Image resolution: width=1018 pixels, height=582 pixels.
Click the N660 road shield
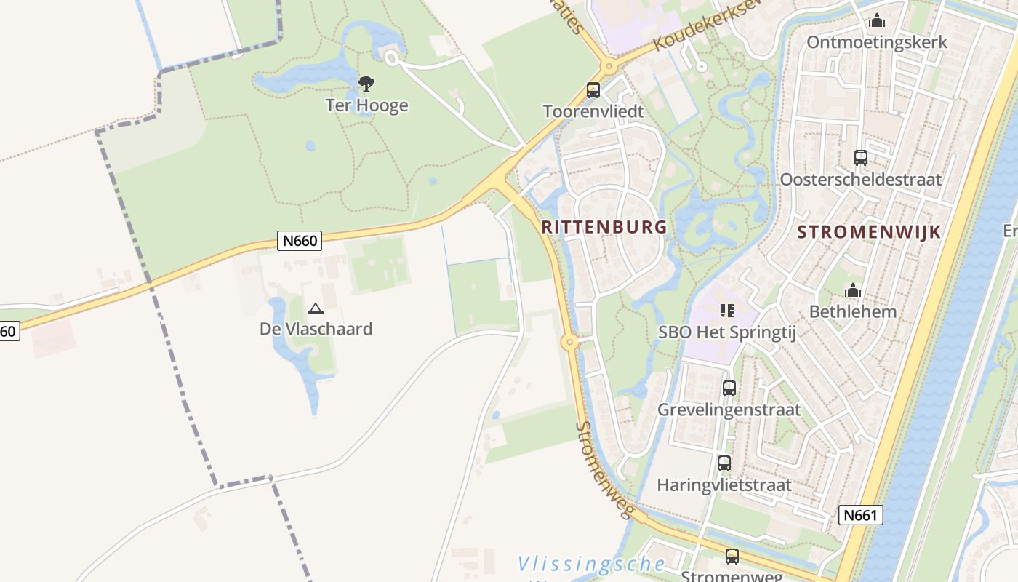300,241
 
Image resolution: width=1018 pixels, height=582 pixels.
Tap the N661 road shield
860,515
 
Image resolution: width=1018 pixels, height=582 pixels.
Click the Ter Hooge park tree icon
366,83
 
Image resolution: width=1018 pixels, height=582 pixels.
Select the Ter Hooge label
366,105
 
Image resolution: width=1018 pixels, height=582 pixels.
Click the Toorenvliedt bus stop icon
593,90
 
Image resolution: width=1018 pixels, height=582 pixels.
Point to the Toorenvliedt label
593,111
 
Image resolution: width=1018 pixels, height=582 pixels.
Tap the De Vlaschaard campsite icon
315,308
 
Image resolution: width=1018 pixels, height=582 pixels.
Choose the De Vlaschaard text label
316,329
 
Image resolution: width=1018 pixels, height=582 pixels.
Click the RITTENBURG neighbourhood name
604,227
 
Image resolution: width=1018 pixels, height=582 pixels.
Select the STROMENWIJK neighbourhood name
869,232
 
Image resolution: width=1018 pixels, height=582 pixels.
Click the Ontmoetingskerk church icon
877,20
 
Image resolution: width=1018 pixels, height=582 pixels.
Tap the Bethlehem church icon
853,291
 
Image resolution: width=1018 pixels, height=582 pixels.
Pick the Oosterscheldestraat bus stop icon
861,157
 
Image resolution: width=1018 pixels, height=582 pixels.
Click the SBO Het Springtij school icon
727,311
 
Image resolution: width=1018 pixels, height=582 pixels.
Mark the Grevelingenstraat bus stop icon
729,388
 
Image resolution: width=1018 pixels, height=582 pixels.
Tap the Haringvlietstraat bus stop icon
724,463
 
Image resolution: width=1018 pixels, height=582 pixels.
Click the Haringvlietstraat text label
724,485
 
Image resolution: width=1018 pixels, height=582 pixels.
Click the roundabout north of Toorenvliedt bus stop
609,66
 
